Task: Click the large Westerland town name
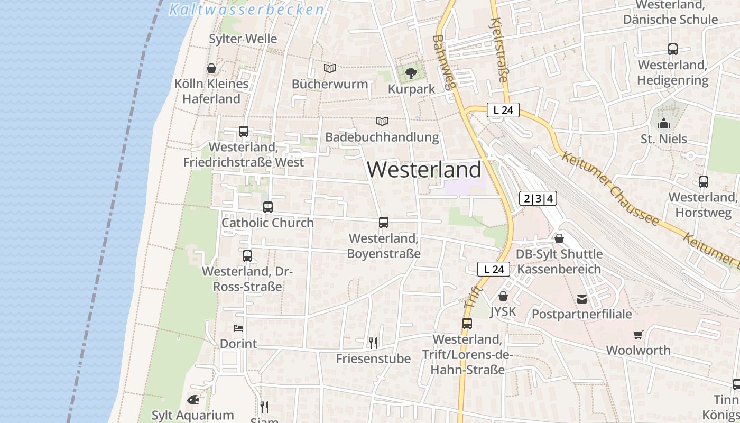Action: [x=424, y=170]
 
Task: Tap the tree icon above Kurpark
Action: [x=411, y=73]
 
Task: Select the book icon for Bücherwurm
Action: [x=330, y=68]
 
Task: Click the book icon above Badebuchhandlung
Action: [x=382, y=121]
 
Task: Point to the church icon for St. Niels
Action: [x=664, y=124]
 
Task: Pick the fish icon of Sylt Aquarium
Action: [x=193, y=399]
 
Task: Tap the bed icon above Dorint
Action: [x=238, y=328]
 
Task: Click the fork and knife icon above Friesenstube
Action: [x=373, y=343]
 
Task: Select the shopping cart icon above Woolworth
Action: [x=639, y=335]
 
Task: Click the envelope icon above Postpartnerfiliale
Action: [x=582, y=299]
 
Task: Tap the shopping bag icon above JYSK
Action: [x=503, y=296]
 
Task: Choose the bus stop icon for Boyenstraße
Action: [x=384, y=223]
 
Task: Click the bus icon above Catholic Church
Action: [x=268, y=207]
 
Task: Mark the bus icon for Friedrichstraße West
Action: [x=244, y=132]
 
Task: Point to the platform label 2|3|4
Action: [x=538, y=199]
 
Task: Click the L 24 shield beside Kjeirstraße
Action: [x=503, y=110]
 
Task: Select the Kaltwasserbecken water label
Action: [x=246, y=10]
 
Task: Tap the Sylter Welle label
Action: [x=243, y=39]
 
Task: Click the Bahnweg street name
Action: [x=443, y=62]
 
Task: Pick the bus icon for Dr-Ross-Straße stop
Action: [x=247, y=256]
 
